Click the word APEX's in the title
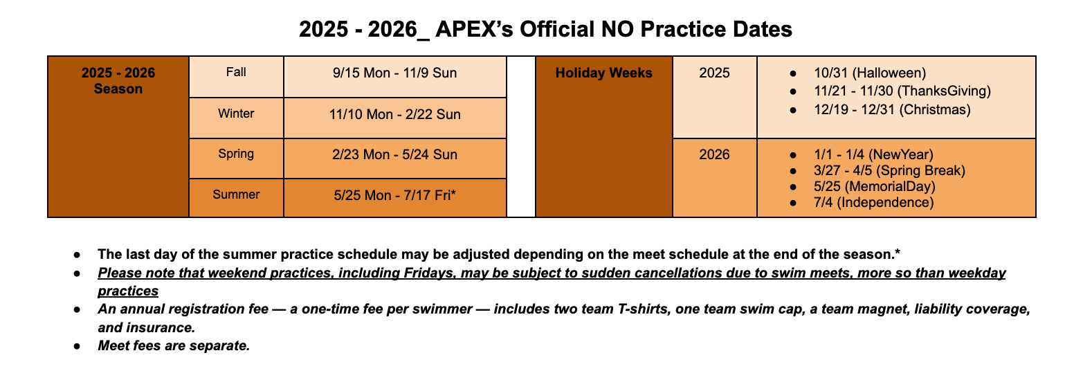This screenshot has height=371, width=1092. (474, 29)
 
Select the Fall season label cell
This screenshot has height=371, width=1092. (237, 77)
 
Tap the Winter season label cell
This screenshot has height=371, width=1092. (237, 118)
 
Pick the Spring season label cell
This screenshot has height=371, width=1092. (237, 158)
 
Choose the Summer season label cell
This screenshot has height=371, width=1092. (237, 197)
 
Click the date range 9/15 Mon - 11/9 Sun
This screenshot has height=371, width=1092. (395, 73)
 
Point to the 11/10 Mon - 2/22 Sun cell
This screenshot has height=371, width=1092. (395, 118)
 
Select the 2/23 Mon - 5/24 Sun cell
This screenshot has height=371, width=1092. (395, 158)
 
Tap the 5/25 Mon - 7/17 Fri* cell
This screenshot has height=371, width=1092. (395, 197)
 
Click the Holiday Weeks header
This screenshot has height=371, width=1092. (603, 73)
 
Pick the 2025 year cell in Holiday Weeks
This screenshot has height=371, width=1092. (715, 97)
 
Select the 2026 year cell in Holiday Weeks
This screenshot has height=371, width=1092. (715, 177)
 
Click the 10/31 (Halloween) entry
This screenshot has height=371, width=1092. (870, 73)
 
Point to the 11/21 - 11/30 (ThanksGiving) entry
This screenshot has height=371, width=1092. (902, 91)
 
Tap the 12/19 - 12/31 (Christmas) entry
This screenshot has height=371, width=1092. (892, 109)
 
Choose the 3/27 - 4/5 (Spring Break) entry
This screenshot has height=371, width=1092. (889, 171)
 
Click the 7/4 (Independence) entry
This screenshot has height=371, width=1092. (873, 202)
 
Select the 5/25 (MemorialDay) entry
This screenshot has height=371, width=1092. (875, 186)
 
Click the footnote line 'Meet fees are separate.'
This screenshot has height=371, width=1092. (174, 345)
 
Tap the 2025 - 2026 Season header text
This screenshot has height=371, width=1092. (118, 81)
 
